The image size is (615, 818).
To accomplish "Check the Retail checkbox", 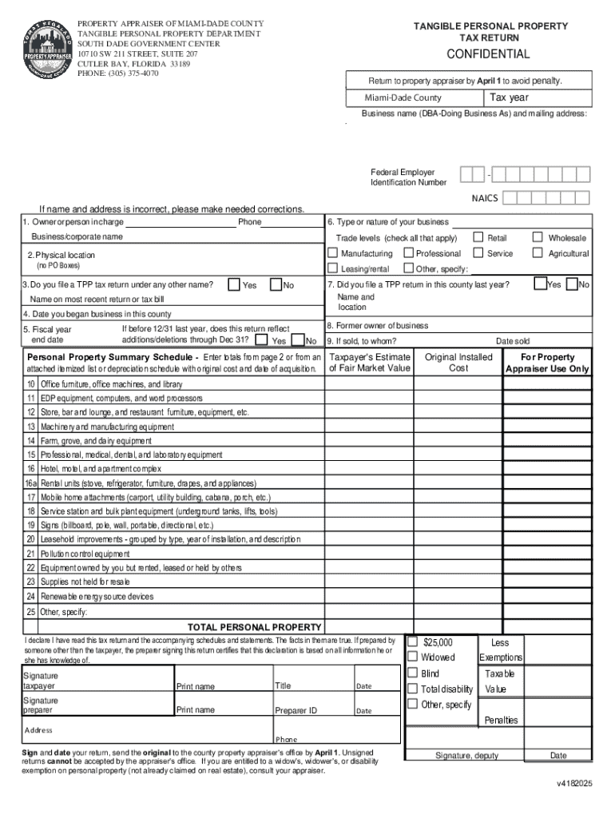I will (x=478, y=237).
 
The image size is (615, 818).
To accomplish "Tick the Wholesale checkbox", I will (x=538, y=237).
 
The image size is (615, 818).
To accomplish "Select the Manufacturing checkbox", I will (x=332, y=253).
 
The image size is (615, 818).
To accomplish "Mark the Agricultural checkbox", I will (x=538, y=253).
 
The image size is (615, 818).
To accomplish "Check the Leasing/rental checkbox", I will (x=332, y=268).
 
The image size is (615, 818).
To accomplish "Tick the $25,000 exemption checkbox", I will (x=413, y=641).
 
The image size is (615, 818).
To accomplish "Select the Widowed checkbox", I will (x=413, y=657).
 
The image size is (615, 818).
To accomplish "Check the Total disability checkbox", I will (x=413, y=689).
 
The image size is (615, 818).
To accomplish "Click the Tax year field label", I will (x=509, y=98).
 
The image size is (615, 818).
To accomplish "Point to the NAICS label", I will (x=485, y=198).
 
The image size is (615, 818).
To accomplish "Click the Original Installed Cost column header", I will (x=458, y=363).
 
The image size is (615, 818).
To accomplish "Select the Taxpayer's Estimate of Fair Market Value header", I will (x=370, y=363).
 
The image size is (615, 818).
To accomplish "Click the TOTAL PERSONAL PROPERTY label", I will (x=254, y=627).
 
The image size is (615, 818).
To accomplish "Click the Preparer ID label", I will (x=296, y=710).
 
